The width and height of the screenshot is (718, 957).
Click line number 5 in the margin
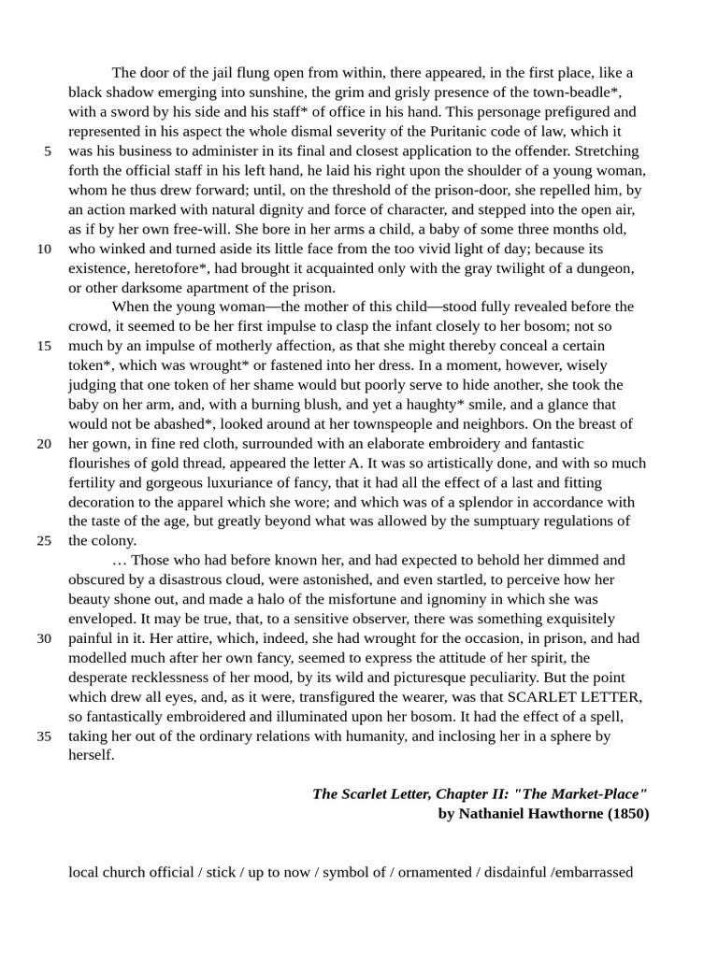point(47,151)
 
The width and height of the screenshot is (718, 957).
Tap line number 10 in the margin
point(44,249)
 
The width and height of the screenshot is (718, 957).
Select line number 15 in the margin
point(44,346)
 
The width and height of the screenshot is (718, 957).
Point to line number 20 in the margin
point(44,443)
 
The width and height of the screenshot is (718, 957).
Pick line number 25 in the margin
point(44,540)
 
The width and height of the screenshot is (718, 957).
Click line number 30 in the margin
point(44,638)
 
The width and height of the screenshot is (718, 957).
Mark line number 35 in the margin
point(44,736)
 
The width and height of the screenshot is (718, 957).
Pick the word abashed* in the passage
point(179,424)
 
